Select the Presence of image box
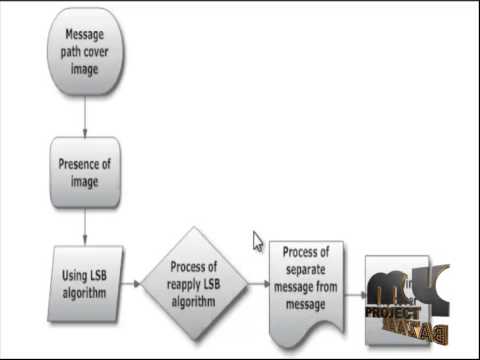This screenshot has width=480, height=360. (85, 172)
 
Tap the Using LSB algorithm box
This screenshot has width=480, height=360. (85, 283)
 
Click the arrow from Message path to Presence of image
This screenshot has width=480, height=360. (85, 116)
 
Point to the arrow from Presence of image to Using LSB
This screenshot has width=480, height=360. (85, 226)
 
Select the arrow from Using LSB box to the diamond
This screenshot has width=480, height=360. (130, 284)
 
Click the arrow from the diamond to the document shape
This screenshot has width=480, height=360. (257, 284)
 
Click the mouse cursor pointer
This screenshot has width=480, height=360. (257, 241)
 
